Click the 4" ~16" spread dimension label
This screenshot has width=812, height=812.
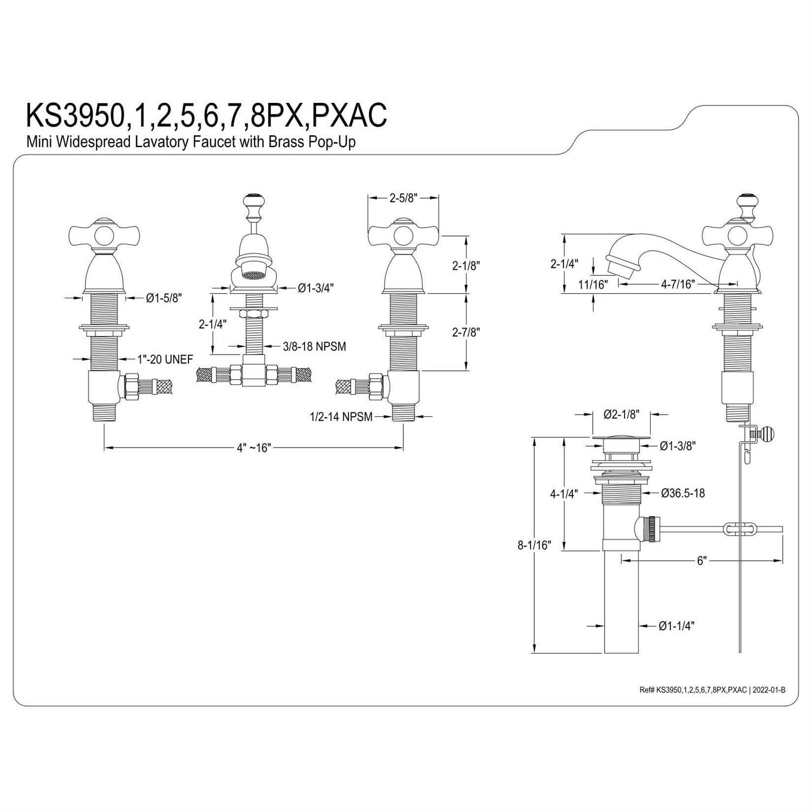click(x=253, y=448)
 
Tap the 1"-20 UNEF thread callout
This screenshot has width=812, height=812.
click(x=164, y=359)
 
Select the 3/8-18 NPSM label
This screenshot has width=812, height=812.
click(x=315, y=346)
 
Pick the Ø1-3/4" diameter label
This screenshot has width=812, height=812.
click(x=316, y=288)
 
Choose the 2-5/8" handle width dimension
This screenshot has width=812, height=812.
click(x=403, y=198)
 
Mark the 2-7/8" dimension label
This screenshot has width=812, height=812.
click(x=466, y=332)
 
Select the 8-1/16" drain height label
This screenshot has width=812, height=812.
click(x=534, y=545)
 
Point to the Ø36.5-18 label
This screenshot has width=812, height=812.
click(x=683, y=493)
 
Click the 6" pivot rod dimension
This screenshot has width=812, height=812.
click(x=702, y=561)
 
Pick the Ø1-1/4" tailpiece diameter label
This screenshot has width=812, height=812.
click(x=677, y=626)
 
